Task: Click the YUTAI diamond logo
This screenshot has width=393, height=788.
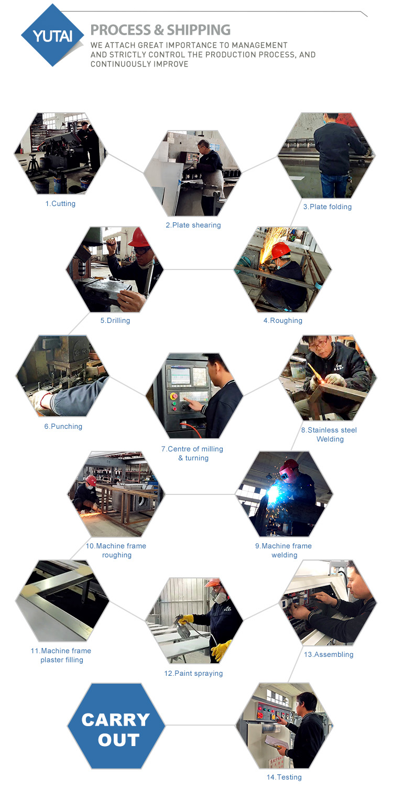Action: [53, 35]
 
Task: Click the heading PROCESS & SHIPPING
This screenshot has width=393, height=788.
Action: [160, 30]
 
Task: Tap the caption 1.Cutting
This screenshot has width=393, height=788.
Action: [60, 203]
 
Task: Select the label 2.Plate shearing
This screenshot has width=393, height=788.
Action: [193, 225]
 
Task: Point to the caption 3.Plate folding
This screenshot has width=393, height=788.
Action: [327, 207]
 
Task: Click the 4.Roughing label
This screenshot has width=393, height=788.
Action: [283, 320]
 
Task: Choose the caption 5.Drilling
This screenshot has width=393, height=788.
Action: [115, 320]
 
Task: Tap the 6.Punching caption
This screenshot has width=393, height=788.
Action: [63, 426]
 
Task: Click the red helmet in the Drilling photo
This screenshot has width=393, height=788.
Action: [139, 238]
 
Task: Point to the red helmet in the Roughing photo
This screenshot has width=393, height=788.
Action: [280, 250]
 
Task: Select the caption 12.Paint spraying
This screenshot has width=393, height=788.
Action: [193, 673]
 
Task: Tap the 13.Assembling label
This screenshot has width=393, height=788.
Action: [329, 654]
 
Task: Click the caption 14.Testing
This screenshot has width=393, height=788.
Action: [284, 777]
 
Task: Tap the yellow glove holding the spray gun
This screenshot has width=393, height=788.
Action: [186, 619]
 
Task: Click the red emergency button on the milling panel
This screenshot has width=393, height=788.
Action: [173, 396]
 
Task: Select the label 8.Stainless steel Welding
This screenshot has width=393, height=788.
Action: [330, 435]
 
